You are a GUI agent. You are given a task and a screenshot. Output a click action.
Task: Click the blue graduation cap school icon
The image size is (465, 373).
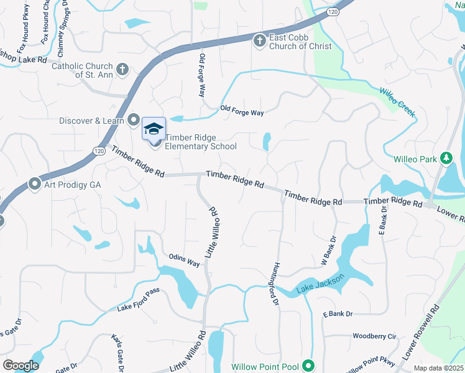click(154, 129)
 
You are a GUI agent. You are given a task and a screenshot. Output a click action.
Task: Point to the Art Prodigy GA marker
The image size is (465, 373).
click(35, 185)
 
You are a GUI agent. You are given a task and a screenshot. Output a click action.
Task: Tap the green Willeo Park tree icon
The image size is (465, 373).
click(446, 159)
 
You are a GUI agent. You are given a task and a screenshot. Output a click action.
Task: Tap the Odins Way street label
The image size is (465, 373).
click(184, 260)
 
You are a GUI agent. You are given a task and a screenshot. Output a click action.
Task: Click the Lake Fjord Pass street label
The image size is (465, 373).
click(139, 300)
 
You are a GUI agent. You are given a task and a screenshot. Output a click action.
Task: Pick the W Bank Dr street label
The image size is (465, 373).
click(328, 251)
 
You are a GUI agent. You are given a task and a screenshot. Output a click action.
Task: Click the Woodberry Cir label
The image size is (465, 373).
click(374, 336)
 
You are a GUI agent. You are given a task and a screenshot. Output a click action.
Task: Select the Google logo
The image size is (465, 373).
click(21, 366)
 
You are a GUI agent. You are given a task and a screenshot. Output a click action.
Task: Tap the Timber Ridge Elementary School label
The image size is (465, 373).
click(200, 142)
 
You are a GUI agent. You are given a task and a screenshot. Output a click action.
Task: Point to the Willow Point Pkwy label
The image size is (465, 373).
click(371, 364)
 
